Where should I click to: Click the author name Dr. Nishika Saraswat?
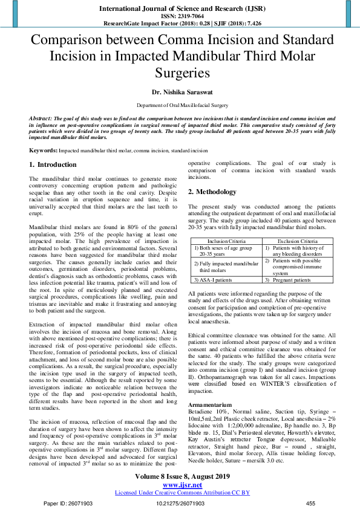(180, 93)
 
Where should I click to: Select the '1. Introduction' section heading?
(53, 164)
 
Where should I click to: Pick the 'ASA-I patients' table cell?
(214, 280)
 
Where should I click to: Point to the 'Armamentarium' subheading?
(210, 387)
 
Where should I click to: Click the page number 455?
(311, 503)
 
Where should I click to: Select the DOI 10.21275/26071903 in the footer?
(180, 503)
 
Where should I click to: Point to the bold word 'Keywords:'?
(44, 149)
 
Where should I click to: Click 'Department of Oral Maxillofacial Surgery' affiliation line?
(180, 105)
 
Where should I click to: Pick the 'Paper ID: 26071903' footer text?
(69, 503)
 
